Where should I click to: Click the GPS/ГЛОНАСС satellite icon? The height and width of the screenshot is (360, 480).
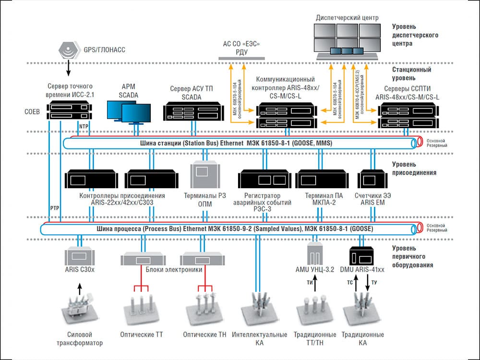pyautogui.click(x=68, y=49)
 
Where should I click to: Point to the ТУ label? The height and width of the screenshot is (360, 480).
pyautogui.click(x=374, y=283)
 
